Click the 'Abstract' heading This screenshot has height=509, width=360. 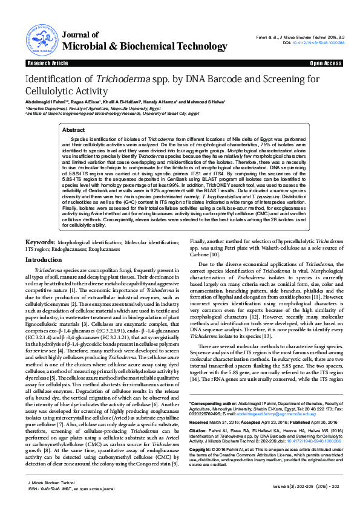coord(91,130)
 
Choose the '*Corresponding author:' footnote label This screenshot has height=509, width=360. coord(211,402)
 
